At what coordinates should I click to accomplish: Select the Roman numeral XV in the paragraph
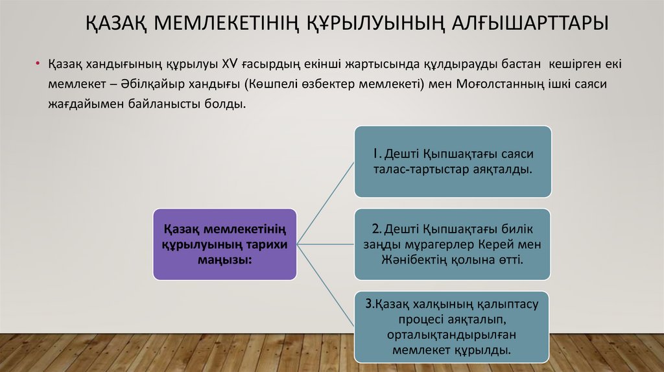pyautogui.click(x=231, y=65)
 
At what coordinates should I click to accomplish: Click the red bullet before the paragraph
pyautogui.click(x=38, y=65)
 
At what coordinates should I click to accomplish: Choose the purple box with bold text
pyautogui.click(x=224, y=244)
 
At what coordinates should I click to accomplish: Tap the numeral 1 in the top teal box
pyautogui.click(x=375, y=154)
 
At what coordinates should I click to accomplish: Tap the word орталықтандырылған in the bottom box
pyautogui.click(x=452, y=334)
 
